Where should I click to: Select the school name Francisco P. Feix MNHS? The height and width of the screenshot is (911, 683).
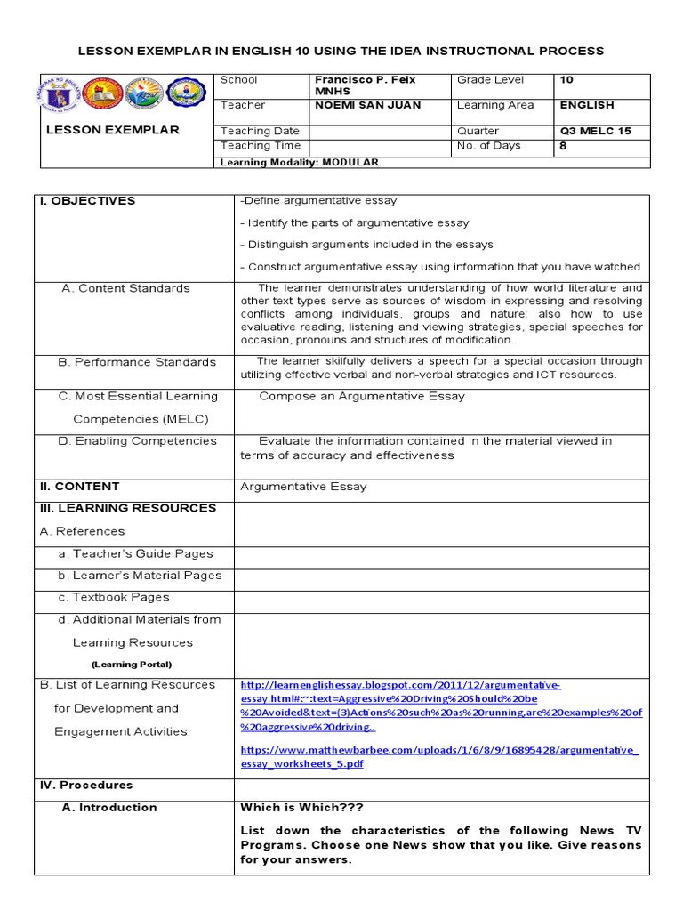[x=365, y=85]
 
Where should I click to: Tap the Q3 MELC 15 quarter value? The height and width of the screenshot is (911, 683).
[x=595, y=131]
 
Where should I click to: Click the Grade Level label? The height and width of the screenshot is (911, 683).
[x=490, y=80]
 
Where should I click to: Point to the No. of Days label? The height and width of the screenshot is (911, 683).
[x=488, y=146]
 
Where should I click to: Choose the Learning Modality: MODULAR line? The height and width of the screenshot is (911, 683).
[x=300, y=162]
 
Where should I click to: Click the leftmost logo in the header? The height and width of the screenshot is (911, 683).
[x=59, y=95]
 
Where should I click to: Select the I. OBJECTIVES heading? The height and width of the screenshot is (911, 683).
[x=87, y=201]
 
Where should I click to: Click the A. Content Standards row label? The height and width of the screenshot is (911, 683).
[x=125, y=288]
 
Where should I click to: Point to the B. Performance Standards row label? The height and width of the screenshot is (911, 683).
[x=137, y=362]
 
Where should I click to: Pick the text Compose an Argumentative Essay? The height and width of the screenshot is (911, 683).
[x=361, y=397]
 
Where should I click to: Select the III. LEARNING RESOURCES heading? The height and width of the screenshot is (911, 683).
[x=127, y=508]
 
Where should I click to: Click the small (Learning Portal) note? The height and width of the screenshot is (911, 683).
[x=132, y=665]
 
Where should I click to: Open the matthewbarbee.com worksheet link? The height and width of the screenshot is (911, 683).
[x=438, y=756]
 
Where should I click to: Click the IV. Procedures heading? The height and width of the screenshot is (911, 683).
[x=86, y=786]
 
